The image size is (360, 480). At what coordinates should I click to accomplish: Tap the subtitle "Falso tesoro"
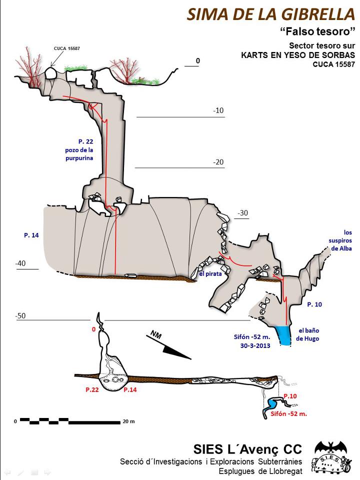point(317,32)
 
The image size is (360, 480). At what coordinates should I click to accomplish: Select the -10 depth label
point(217,110)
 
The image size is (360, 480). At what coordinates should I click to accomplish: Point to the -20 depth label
point(217,162)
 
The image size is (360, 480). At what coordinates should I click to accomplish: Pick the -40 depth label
point(20,263)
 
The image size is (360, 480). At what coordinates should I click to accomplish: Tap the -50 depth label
point(20,316)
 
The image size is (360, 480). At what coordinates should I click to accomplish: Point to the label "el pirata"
point(210,273)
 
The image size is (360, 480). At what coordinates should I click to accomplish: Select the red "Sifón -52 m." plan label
point(288,414)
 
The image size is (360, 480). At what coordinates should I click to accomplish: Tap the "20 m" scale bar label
point(128,421)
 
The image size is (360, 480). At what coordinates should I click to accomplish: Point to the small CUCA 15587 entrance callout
point(66,48)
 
